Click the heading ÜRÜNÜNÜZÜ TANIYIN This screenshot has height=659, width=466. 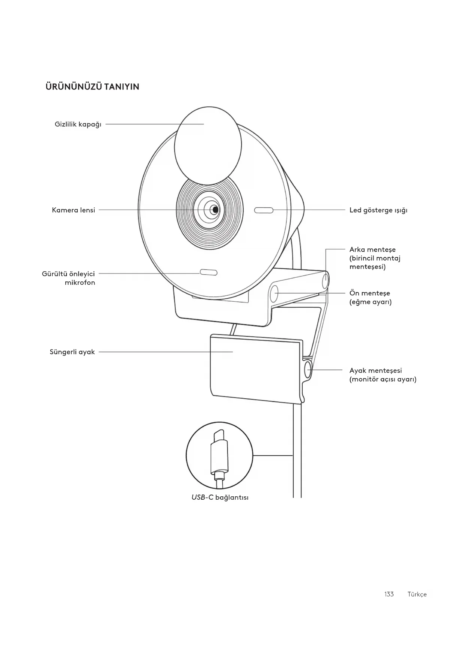pyautogui.click(x=92, y=87)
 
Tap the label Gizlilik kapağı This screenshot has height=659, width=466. pyautogui.click(x=78, y=124)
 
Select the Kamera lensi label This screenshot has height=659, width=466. pyautogui.click(x=74, y=210)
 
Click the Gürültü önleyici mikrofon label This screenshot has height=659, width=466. pyautogui.click(x=69, y=278)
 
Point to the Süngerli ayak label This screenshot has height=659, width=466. pyautogui.click(x=72, y=352)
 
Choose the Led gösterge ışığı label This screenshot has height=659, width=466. pyautogui.click(x=378, y=210)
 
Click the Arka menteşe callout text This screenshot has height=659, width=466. pyautogui.click(x=375, y=258)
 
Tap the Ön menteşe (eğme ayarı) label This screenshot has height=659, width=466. pyautogui.click(x=370, y=298)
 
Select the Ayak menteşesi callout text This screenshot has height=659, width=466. pyautogui.click(x=383, y=375)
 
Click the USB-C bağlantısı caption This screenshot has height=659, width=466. pyautogui.click(x=220, y=497)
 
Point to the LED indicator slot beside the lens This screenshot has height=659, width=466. pyautogui.click(x=264, y=210)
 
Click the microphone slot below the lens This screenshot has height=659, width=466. pyautogui.click(x=208, y=272)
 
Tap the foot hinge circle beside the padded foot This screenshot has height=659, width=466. pyautogui.click(x=308, y=369)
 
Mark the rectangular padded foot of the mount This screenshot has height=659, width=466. pyautogui.click(x=255, y=368)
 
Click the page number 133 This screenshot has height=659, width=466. pyautogui.click(x=389, y=594)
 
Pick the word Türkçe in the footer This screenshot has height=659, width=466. pyautogui.click(x=417, y=594)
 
